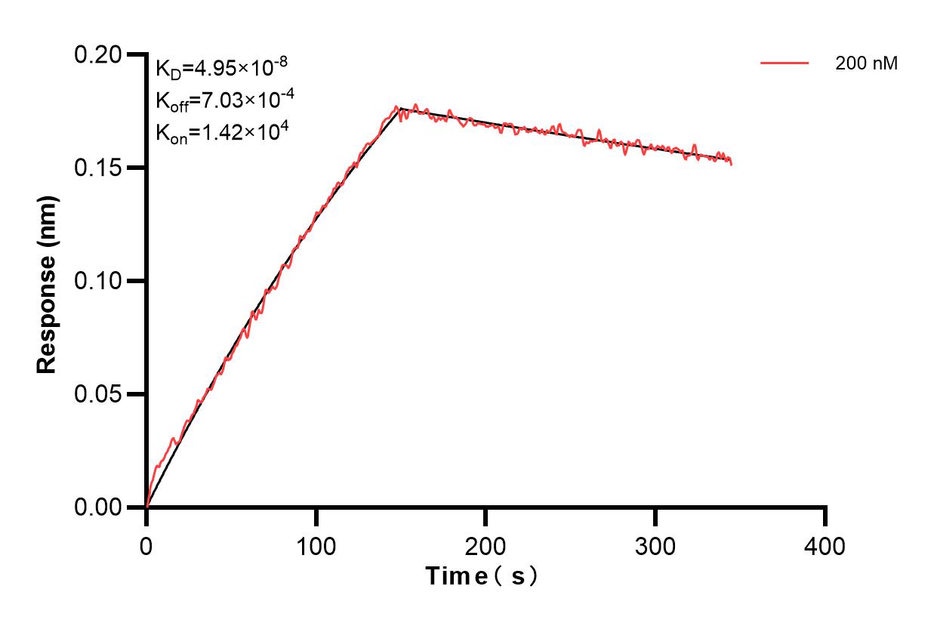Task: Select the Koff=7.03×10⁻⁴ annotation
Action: pyautogui.click(x=220, y=100)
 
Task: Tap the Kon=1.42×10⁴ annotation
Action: pyautogui.click(x=220, y=132)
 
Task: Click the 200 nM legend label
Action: pyautogui.click(x=866, y=64)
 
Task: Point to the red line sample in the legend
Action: pyautogui.click(x=785, y=64)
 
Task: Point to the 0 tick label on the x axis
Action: pyautogui.click(x=146, y=544)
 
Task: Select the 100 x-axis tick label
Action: pyautogui.click(x=316, y=544)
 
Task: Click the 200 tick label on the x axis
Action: pyautogui.click(x=486, y=544)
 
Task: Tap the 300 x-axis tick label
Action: pyautogui.click(x=656, y=544)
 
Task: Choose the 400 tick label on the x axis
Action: pyautogui.click(x=825, y=544)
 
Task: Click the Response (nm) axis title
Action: pyautogui.click(x=47, y=281)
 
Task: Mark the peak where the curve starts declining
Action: pyautogui.click(x=399, y=109)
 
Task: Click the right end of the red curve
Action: pyautogui.click(x=731, y=163)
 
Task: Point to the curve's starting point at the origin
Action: pyautogui.click(x=146, y=507)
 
